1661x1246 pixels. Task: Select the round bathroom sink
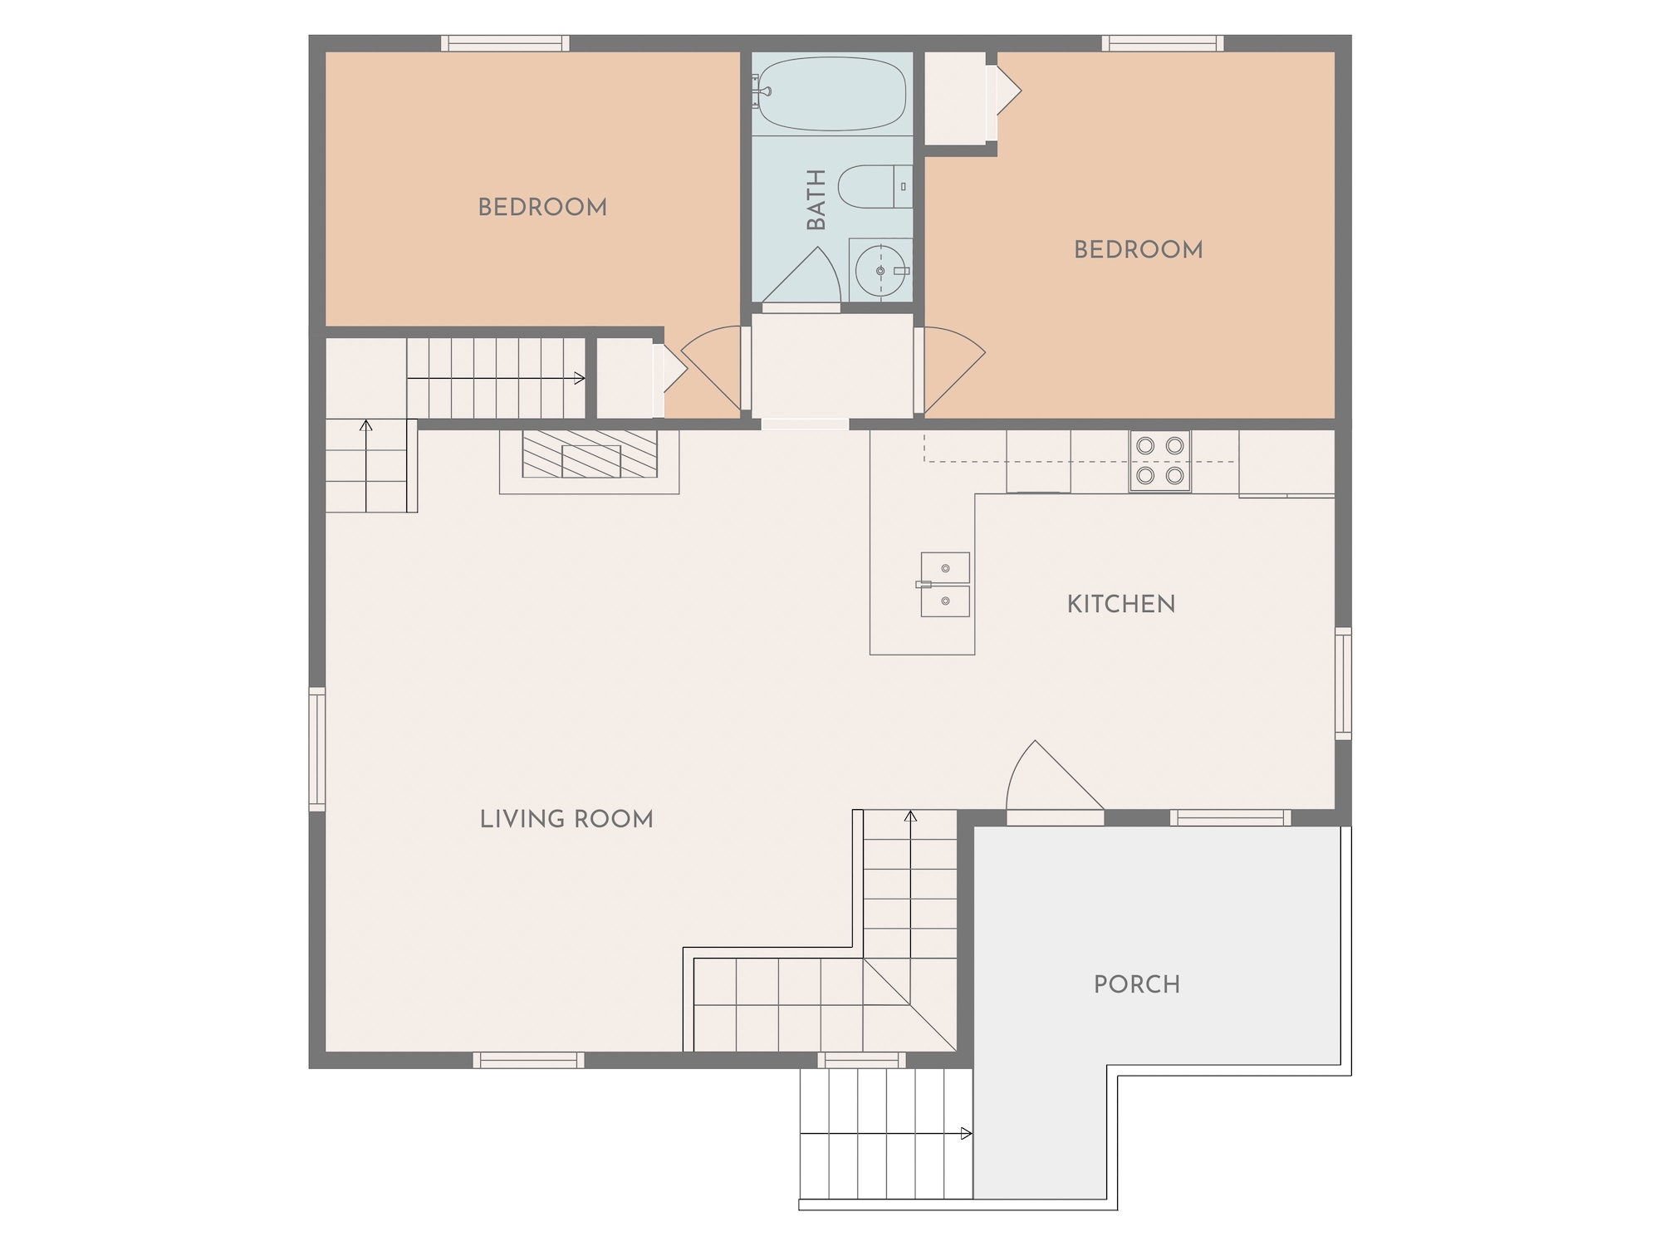tap(880, 271)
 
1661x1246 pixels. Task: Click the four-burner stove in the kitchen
tap(1159, 461)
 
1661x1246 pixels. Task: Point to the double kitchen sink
tap(944, 585)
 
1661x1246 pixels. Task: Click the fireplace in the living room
tap(590, 462)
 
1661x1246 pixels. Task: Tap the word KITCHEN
tap(1121, 604)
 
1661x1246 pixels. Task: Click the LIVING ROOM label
tap(566, 819)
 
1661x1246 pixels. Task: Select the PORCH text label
tap(1137, 984)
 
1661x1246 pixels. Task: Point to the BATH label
tap(817, 199)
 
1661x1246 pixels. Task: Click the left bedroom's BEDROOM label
tap(542, 207)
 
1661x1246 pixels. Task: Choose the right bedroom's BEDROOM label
tap(1139, 249)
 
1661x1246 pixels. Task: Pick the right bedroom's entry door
tap(950, 369)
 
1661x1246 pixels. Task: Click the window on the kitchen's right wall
tap(1343, 684)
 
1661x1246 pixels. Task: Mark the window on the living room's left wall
tap(317, 748)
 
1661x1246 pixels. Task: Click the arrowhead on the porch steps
tap(966, 1134)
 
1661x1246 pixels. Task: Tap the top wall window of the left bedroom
tap(505, 43)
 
